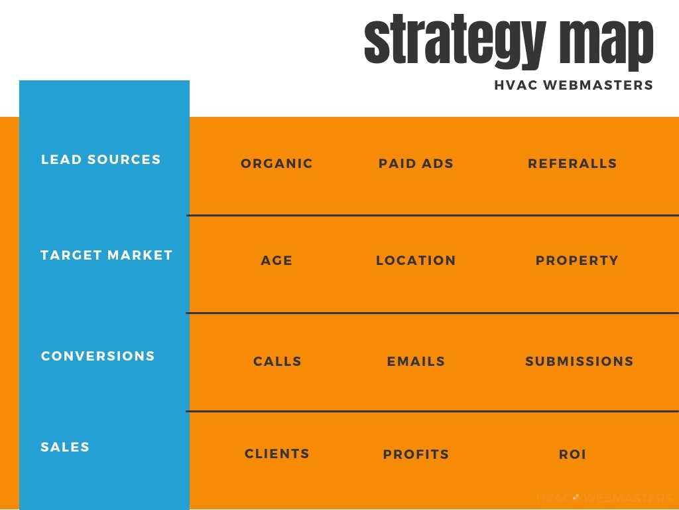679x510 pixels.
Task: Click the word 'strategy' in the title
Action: point(455,42)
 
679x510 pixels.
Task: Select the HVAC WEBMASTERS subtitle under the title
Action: point(574,85)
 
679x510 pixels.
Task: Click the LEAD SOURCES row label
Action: point(101,159)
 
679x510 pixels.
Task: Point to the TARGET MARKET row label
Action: point(107,255)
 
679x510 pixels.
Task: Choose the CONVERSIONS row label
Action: point(98,356)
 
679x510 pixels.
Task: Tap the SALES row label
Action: point(65,447)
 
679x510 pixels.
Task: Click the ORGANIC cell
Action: point(277,163)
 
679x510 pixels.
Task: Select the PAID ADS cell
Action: point(416,163)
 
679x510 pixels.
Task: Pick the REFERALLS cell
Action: point(572,163)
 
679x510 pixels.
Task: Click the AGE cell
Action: point(277,260)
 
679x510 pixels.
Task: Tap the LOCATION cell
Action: point(416,260)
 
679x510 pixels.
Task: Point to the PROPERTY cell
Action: point(578,260)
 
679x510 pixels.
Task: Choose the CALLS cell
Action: point(278,362)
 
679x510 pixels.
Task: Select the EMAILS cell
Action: point(416,362)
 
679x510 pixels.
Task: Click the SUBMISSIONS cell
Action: point(580,362)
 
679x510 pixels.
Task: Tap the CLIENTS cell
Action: point(277,454)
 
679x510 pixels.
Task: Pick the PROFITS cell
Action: point(416,454)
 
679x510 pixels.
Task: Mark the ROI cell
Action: point(572,454)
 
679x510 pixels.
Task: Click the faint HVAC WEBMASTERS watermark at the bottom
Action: point(605,498)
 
